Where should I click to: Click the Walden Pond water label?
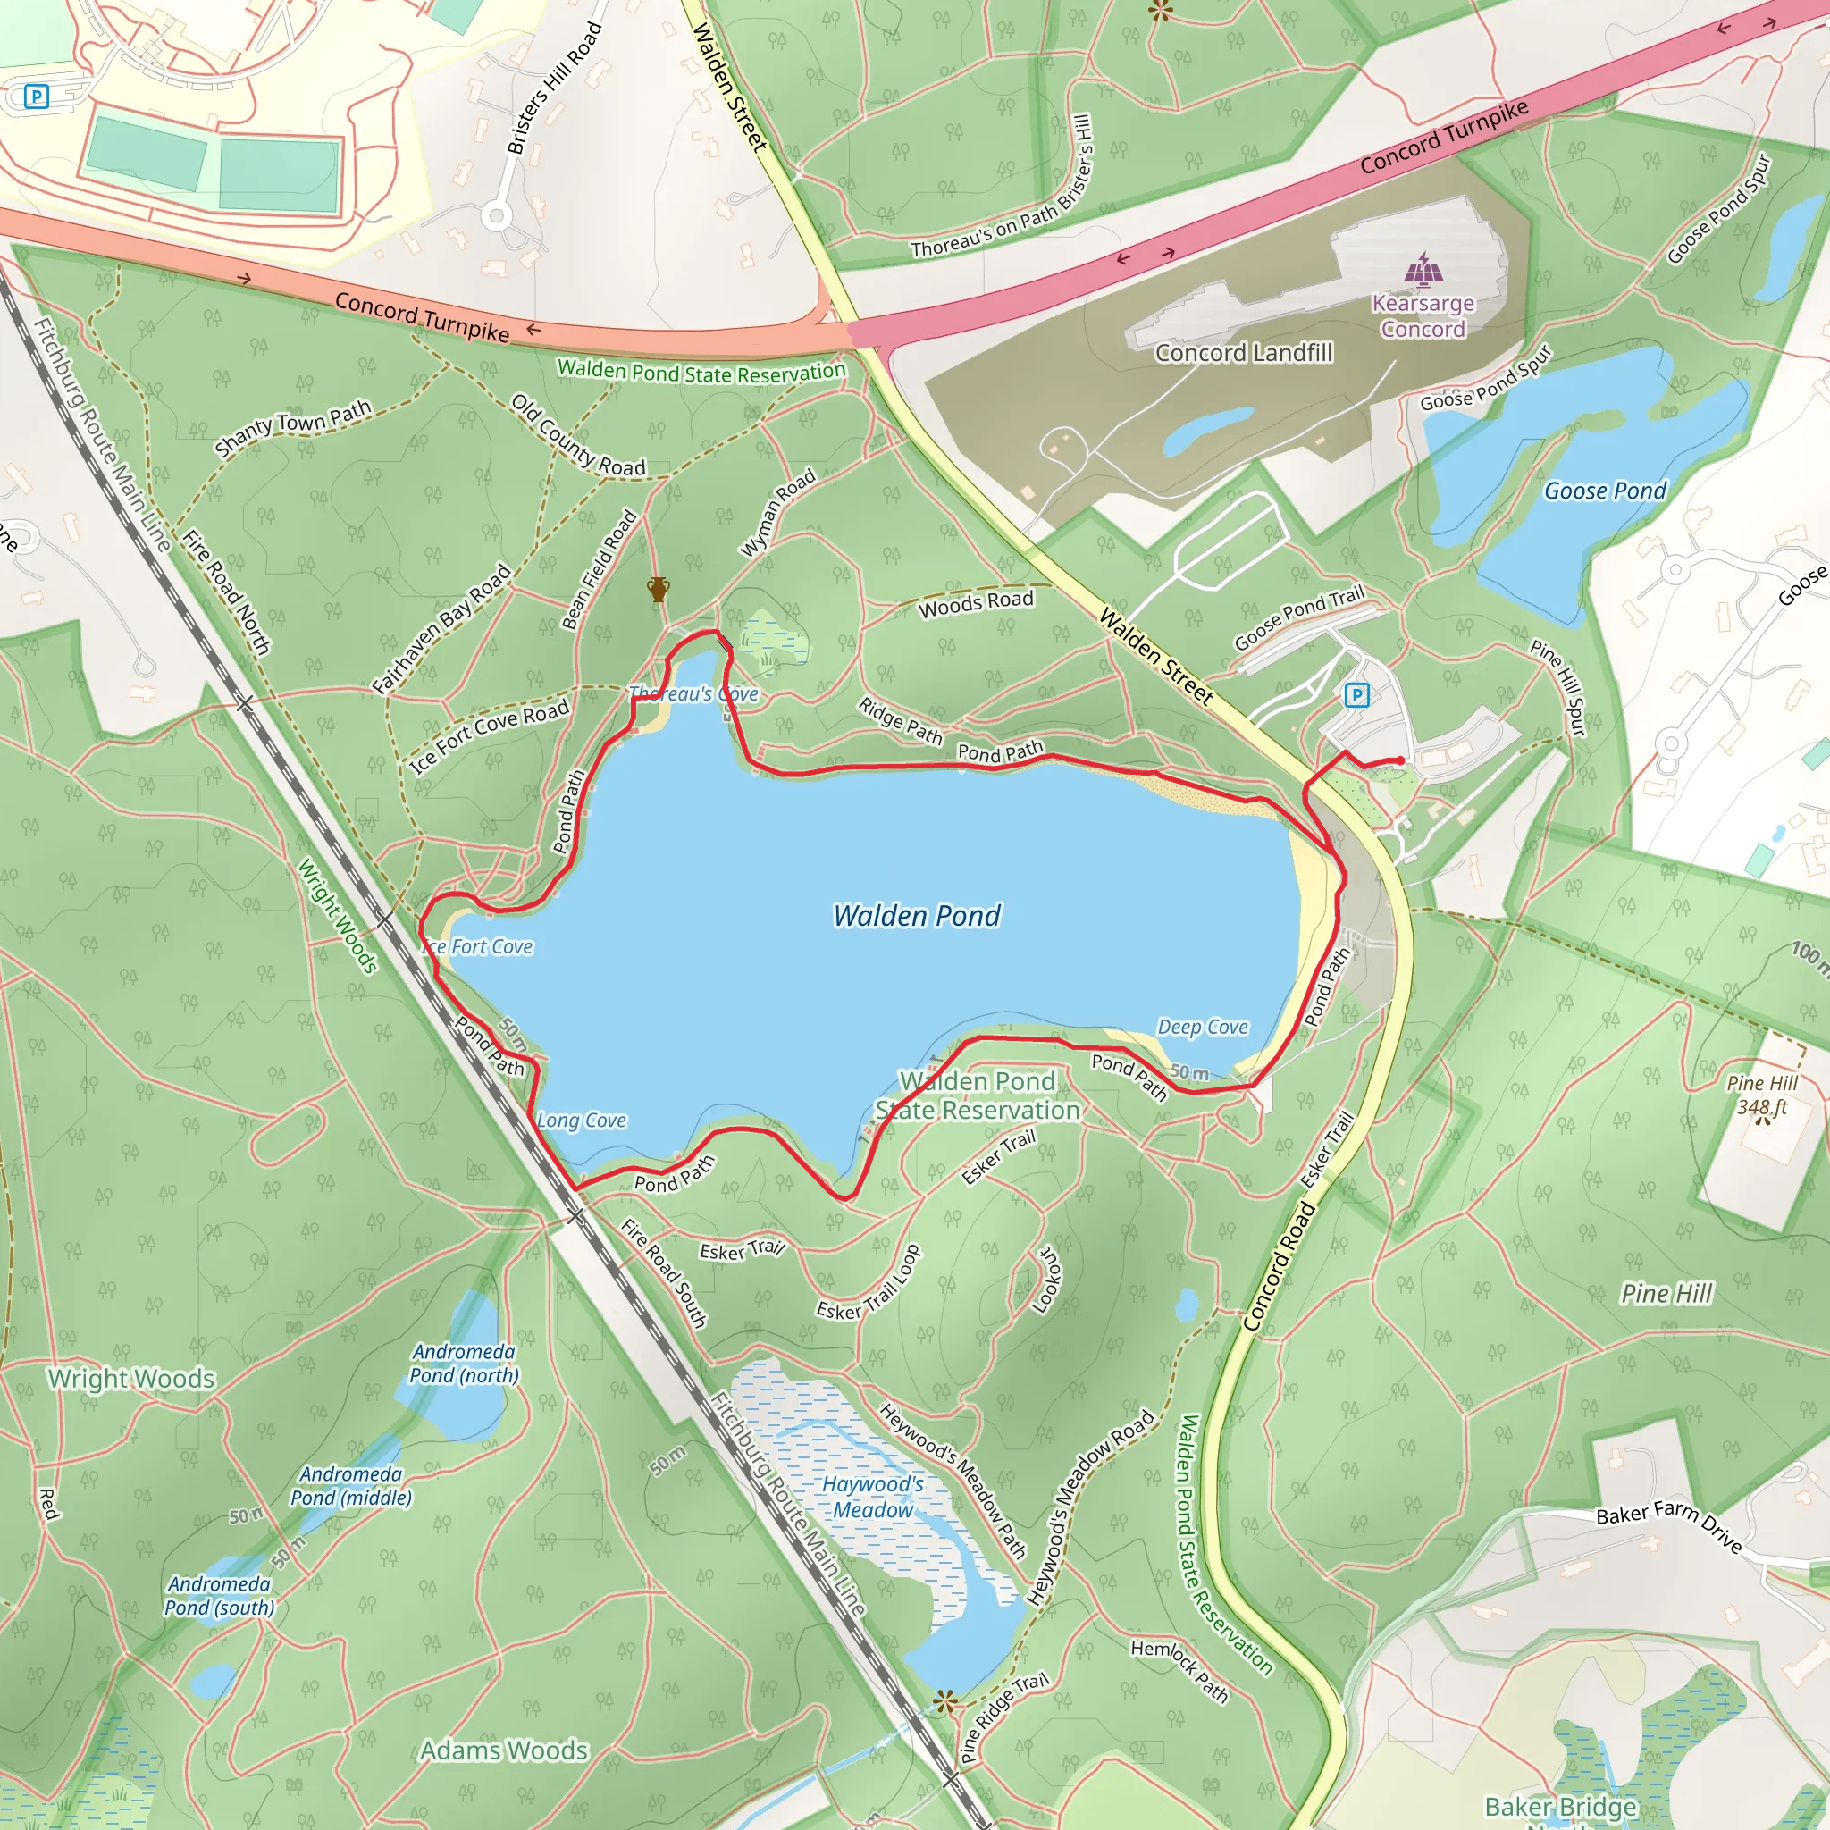point(916,916)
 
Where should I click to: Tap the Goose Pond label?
point(1605,491)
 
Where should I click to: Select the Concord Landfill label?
point(1244,353)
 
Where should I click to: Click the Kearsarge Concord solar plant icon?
point(1423,269)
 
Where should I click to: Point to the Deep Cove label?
point(1203,1028)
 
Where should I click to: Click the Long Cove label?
point(582,1121)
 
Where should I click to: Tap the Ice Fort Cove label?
point(478,947)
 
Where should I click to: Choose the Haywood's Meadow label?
point(872,1498)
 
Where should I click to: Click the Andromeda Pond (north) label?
point(464,1364)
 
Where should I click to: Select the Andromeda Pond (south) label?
point(220,1596)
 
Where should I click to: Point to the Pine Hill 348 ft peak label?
point(1762,1095)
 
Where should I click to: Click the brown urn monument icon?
point(659,589)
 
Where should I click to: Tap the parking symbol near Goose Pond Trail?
point(1356,696)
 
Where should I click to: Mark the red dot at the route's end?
point(1401,760)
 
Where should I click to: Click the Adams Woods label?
point(504,1750)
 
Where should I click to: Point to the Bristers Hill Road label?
point(554,88)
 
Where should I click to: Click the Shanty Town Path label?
point(293,428)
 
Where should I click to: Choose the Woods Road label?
point(976,603)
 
